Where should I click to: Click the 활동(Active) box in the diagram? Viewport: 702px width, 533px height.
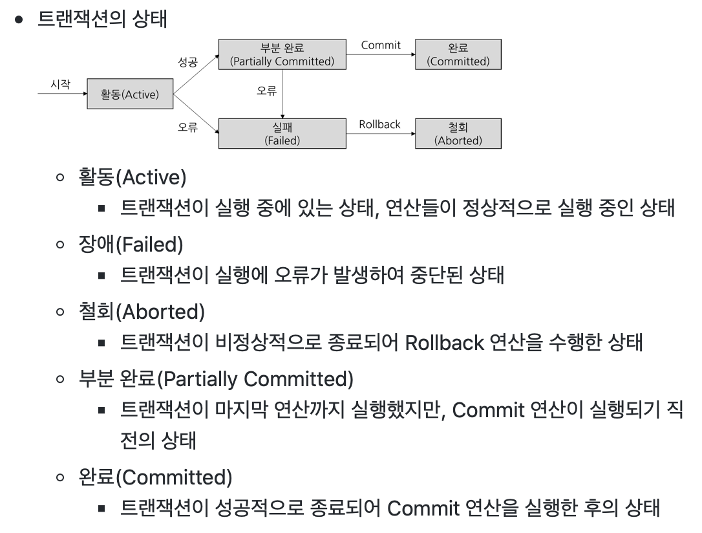coord(130,95)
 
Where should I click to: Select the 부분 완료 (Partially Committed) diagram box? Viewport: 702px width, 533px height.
coord(282,54)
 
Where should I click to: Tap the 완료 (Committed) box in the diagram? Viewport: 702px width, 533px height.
coord(458,54)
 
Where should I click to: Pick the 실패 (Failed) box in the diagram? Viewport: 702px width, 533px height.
coord(282,133)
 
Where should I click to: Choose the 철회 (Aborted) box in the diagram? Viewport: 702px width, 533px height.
coord(458,133)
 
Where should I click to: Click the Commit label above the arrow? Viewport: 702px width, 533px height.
coord(381,45)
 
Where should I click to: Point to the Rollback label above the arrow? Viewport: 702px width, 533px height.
coord(380,124)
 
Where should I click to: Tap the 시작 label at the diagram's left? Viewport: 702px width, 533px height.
coord(61,85)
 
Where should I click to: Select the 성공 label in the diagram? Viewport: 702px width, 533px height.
coord(187,63)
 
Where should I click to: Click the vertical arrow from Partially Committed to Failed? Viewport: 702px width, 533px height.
coord(282,94)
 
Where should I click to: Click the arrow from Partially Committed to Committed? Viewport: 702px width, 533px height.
coord(380,55)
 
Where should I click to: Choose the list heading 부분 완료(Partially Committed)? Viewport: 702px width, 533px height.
coord(215,379)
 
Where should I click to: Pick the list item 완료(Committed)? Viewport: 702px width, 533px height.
coord(154,479)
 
